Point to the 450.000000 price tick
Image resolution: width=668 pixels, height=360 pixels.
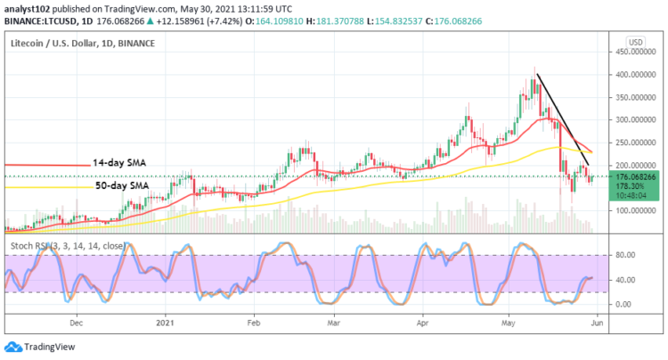(634, 52)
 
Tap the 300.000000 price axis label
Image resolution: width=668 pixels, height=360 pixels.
(634, 119)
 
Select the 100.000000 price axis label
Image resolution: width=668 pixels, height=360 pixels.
(634, 211)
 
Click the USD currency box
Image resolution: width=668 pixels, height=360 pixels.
(635, 42)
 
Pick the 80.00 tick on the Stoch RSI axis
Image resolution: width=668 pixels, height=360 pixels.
(625, 256)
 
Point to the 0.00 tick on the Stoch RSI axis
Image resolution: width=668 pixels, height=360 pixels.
(623, 305)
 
